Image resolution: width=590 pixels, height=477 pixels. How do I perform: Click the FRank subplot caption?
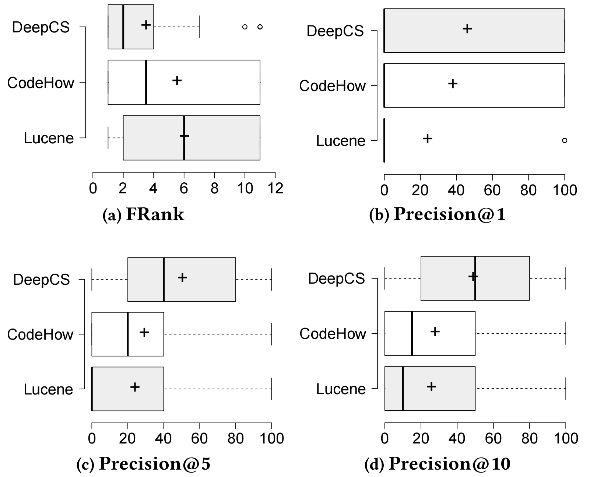click(x=143, y=214)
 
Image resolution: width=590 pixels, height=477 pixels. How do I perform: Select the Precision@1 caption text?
click(x=437, y=214)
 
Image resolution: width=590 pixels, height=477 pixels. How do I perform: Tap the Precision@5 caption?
click(x=143, y=464)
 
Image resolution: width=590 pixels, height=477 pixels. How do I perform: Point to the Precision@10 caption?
click(x=437, y=464)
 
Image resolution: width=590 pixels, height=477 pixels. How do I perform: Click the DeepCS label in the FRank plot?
click(x=41, y=27)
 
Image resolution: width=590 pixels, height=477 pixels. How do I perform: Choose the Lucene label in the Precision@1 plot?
click(x=341, y=141)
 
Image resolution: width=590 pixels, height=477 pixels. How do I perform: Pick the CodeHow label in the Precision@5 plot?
click(x=40, y=334)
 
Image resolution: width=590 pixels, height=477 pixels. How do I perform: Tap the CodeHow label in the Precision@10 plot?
click(x=333, y=334)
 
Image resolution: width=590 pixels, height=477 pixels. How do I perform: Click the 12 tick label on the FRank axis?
click(x=275, y=188)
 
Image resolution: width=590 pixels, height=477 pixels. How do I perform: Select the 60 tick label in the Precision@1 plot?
click(x=492, y=190)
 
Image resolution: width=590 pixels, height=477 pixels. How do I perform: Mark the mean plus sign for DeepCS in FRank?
click(x=146, y=25)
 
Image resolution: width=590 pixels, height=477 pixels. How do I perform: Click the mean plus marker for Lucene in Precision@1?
click(x=427, y=138)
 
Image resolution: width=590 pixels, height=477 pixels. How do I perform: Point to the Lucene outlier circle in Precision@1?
click(x=565, y=140)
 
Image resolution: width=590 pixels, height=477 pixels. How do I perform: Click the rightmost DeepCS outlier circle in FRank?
click(x=260, y=27)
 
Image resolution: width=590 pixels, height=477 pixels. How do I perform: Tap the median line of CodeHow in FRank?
click(x=146, y=82)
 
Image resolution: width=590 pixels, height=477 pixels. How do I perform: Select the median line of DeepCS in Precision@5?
click(x=164, y=279)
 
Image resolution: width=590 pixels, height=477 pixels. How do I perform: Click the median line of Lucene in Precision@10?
click(x=403, y=388)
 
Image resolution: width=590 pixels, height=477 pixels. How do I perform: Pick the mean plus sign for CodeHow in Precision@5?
click(x=144, y=332)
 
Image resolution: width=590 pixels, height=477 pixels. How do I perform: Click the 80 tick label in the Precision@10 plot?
click(x=529, y=439)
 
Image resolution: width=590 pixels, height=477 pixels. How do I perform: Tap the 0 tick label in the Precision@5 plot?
click(x=92, y=439)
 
